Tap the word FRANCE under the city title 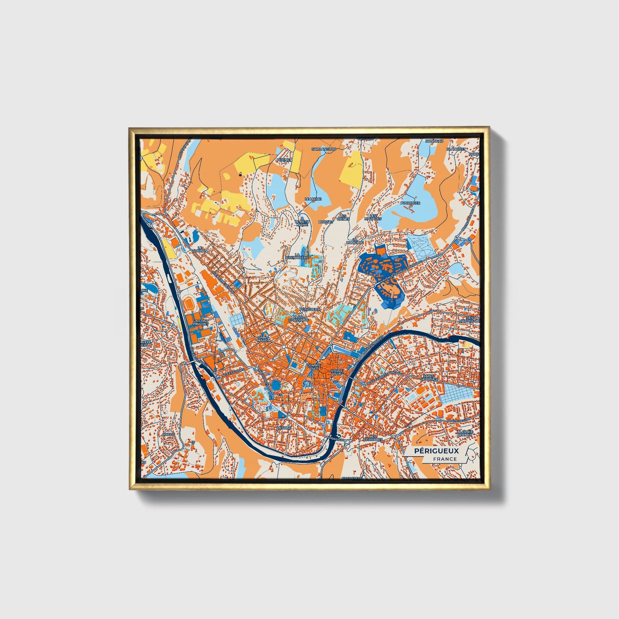pos(445,459)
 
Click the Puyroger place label pos(410,203)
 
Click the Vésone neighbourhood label pos(284,428)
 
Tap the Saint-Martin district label pos(263,338)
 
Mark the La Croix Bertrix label pos(465,433)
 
